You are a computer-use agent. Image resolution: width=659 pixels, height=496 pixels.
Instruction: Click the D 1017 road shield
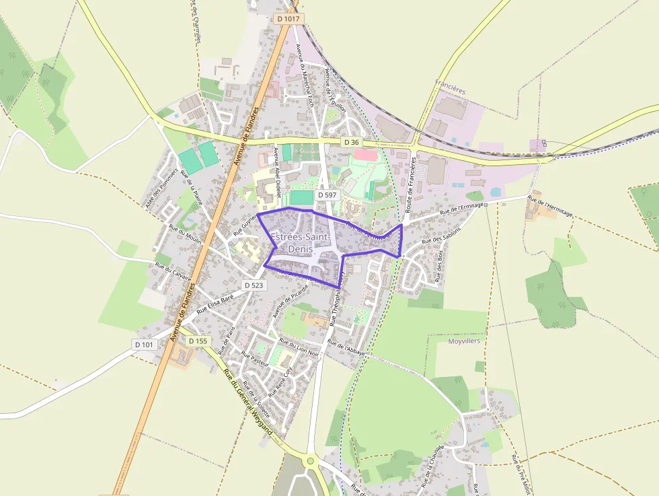click(288, 19)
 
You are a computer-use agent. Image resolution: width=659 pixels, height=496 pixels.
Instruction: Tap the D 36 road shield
click(351, 142)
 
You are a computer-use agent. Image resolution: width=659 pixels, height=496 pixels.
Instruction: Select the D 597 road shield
click(328, 194)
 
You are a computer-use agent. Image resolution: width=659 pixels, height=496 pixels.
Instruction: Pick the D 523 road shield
click(254, 285)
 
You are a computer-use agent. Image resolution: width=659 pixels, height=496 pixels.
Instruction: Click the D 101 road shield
click(144, 345)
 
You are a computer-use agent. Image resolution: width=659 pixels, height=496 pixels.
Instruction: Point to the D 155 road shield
click(198, 341)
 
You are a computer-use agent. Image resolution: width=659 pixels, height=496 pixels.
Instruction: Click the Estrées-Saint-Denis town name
click(299, 243)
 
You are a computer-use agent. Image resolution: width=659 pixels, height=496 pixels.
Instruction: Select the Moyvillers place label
click(464, 341)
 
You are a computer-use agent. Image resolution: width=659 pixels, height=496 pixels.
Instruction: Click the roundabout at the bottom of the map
click(310, 461)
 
